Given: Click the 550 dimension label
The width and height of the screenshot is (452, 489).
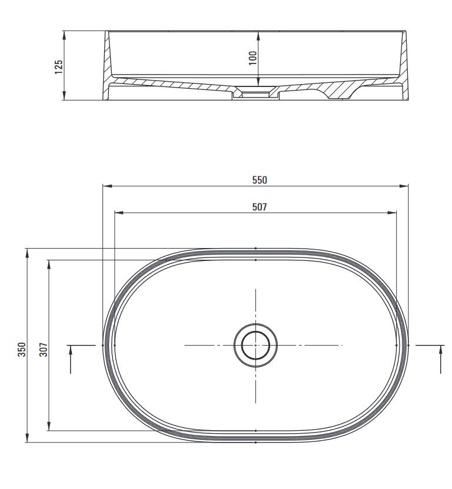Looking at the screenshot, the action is (x=260, y=180).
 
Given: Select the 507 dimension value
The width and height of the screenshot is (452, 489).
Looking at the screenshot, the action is (x=260, y=207).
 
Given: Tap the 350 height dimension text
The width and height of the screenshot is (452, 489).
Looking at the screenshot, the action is (x=22, y=349).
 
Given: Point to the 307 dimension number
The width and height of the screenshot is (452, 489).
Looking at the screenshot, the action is (x=44, y=349).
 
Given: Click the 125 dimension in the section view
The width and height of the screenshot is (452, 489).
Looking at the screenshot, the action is (x=59, y=67).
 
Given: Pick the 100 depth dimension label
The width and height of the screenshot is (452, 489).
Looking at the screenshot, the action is (x=252, y=58).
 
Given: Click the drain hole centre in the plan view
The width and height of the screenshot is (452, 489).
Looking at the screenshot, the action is (x=255, y=345).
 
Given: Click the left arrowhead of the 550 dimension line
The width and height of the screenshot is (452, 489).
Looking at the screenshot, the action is (x=107, y=186).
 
